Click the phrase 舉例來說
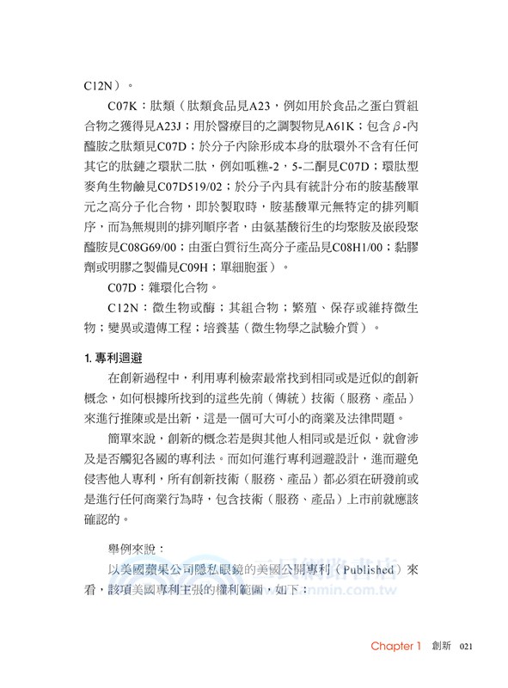137,546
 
